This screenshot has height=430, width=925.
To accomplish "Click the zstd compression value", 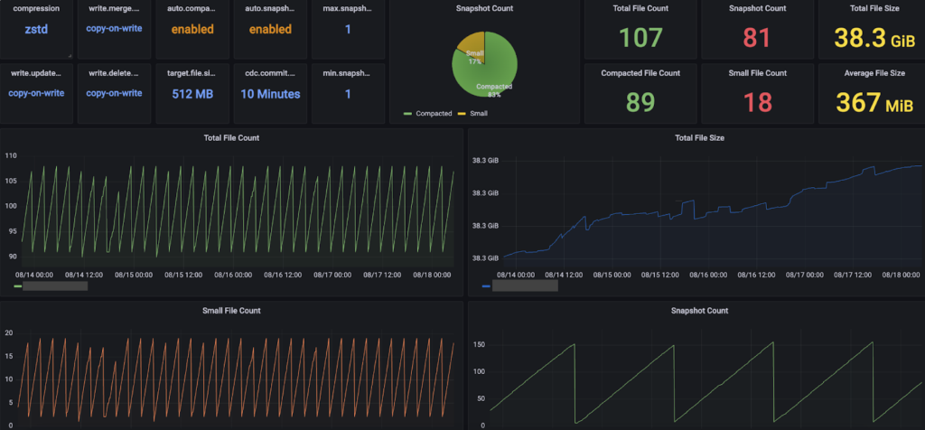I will [x=37, y=29].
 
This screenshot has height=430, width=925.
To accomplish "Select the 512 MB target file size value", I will [x=192, y=92].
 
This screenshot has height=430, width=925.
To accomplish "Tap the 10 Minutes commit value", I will [x=270, y=92].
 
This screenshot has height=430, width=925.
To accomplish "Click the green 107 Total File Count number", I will [x=640, y=37].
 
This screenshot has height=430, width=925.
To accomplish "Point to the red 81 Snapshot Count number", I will [x=757, y=37].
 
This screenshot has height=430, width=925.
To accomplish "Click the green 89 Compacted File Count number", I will [x=640, y=102].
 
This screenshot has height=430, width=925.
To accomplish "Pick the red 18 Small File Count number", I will [x=757, y=102].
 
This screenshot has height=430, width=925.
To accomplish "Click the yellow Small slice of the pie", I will [x=472, y=46].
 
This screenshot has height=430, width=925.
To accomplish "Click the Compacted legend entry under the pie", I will [x=430, y=114].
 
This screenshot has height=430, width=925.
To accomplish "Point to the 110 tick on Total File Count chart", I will [x=11, y=156].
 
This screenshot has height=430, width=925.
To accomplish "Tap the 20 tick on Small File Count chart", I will [x=9, y=333].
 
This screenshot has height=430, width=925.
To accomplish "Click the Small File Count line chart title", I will [x=231, y=311].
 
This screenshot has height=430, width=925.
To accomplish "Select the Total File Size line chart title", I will [x=699, y=138].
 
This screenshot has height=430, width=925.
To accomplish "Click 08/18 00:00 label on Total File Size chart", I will [x=900, y=274].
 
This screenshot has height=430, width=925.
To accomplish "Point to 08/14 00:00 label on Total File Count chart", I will [x=37, y=274].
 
